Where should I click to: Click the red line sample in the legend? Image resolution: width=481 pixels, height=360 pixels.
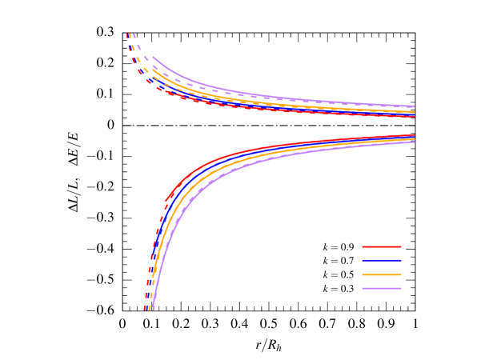tap(381, 246)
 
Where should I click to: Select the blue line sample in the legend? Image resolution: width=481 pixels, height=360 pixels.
tap(381, 260)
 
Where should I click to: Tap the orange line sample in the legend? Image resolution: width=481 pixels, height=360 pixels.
tap(381, 274)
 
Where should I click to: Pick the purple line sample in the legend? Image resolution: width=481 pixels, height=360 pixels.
tap(381, 288)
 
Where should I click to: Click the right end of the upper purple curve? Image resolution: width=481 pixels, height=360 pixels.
tap(415, 106)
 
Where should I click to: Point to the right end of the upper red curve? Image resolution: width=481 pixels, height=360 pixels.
tap(415, 117)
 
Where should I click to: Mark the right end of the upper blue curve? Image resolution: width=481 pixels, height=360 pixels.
tap(415, 114)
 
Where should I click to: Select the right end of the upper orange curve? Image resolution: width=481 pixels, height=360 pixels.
tap(415, 110)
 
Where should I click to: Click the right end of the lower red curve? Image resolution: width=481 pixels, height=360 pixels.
tap(415, 135)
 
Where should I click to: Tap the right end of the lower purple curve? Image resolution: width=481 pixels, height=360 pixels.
tap(415, 142)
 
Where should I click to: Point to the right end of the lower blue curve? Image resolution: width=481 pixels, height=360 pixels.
tap(415, 137)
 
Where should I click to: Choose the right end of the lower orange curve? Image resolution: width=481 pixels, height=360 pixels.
tap(415, 140)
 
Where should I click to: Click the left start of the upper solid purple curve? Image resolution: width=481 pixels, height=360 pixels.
tap(153, 57)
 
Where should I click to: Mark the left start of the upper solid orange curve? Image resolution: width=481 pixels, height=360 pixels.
tap(153, 69)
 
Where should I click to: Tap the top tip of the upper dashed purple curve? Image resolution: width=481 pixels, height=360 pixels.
tap(133, 34)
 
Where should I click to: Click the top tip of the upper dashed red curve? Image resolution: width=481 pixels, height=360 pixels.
tap(127, 34)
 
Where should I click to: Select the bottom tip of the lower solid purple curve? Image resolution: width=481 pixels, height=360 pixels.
tap(152, 308)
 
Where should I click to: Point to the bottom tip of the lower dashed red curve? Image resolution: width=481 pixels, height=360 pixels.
tap(146, 308)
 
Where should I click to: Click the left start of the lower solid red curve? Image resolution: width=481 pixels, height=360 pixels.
tap(166, 200)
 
